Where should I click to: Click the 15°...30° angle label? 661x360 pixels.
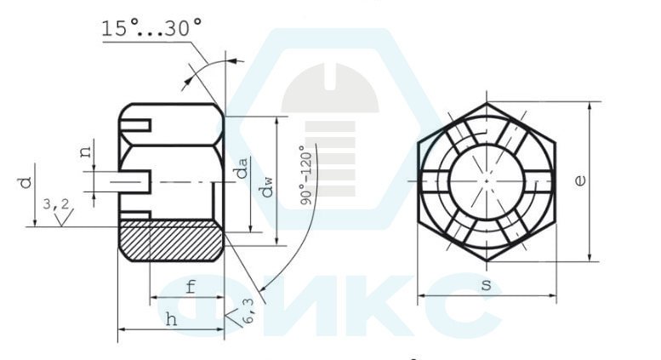(x=151, y=28)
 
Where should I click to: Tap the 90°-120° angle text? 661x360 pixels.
(x=306, y=175)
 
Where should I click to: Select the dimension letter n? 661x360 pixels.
(x=86, y=151)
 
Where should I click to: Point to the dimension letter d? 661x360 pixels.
(x=26, y=182)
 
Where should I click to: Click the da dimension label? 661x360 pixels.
(x=241, y=169)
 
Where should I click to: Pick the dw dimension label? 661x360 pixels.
(x=267, y=187)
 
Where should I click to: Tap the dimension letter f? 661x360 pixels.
(x=191, y=287)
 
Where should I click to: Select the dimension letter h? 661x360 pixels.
(x=171, y=319)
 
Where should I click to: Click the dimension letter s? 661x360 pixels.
(x=486, y=285)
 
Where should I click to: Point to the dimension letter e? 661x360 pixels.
(x=580, y=180)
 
